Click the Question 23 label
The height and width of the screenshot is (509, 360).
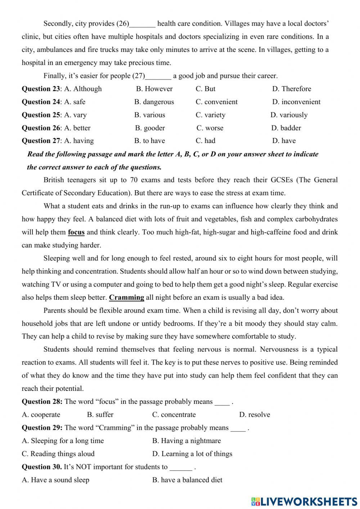(41, 89)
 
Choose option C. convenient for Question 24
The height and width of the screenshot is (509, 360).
(216, 102)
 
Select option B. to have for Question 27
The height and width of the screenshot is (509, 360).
(149, 141)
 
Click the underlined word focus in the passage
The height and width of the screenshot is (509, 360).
(76, 232)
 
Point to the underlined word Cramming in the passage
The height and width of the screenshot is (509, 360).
(126, 298)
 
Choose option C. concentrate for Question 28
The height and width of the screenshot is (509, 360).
(174, 415)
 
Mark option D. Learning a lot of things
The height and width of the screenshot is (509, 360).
(192, 454)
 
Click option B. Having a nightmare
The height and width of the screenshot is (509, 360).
(186, 441)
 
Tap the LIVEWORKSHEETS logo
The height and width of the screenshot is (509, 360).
(304, 501)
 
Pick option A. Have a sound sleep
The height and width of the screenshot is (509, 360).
(55, 480)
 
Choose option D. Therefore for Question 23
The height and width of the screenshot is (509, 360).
(292, 89)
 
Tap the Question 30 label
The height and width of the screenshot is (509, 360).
(41, 467)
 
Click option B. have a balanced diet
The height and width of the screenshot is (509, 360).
(187, 480)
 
